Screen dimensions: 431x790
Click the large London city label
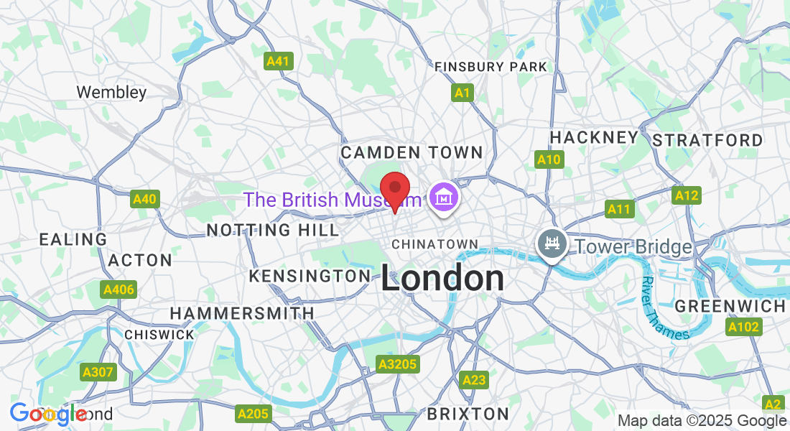point(442,279)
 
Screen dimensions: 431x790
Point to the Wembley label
point(111,92)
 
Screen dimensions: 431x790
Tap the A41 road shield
point(277,61)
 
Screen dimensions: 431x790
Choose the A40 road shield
point(144,199)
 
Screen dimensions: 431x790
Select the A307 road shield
point(97,371)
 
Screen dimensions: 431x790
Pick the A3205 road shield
point(398,365)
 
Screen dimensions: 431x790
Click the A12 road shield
point(686,195)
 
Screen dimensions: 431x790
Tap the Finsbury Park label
point(491,67)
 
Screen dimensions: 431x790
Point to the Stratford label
point(707,140)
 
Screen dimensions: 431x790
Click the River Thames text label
point(664,310)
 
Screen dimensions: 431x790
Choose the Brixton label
point(468,414)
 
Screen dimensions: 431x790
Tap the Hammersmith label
point(242,313)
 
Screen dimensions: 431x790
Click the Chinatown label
point(434,244)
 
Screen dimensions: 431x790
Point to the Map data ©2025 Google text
point(702,421)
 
